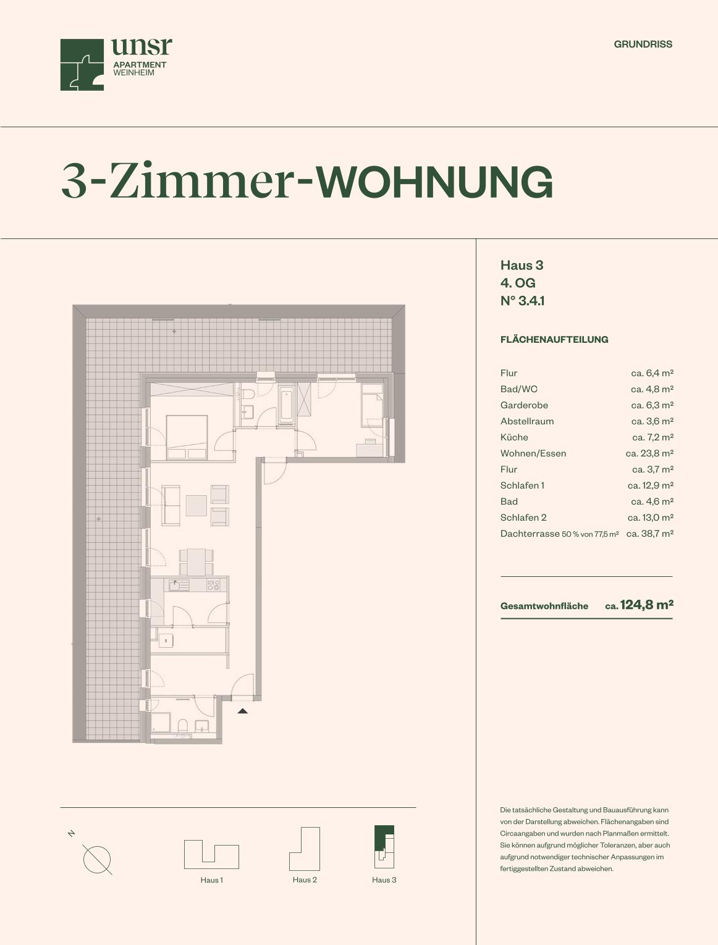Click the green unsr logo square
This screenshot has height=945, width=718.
(x=82, y=65)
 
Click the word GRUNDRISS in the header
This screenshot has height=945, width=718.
(x=643, y=44)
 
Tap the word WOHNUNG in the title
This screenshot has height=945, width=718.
(x=434, y=182)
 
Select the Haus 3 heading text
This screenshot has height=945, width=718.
(x=522, y=265)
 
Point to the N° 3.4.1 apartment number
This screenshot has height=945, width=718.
(x=523, y=301)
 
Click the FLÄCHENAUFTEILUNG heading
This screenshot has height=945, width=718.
(x=554, y=339)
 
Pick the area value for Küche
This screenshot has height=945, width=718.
(x=653, y=437)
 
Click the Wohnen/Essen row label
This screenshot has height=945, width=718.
(x=533, y=453)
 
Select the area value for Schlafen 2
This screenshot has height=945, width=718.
(x=651, y=518)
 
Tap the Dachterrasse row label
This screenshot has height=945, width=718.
(x=530, y=534)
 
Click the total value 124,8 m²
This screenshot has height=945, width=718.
(x=646, y=605)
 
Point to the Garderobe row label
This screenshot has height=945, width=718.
(x=524, y=405)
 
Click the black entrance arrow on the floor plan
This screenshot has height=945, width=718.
(x=242, y=712)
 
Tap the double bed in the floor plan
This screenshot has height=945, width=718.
(x=187, y=437)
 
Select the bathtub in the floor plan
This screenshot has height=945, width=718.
(x=287, y=405)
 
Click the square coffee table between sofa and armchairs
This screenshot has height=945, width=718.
(x=196, y=505)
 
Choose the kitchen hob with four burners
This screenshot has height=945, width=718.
(x=214, y=585)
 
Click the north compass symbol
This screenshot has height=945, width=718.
(x=96, y=859)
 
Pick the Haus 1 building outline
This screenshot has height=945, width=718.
(x=211, y=854)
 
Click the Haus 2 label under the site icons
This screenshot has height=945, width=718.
(x=305, y=880)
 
